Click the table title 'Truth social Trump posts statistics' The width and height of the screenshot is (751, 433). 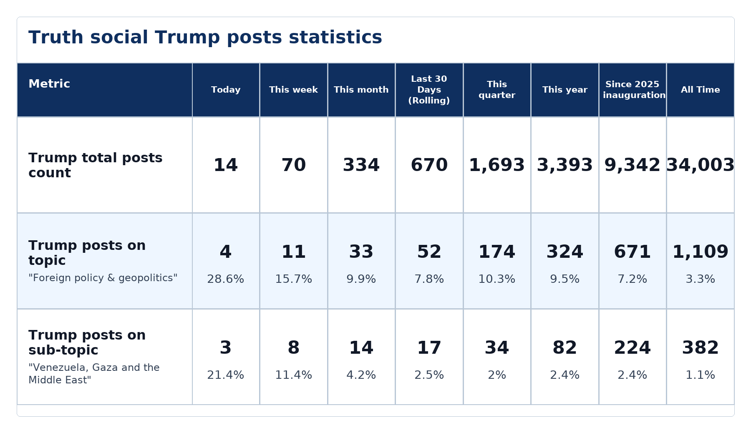205,38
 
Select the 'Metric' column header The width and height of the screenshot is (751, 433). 49,84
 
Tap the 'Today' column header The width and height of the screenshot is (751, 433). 226,90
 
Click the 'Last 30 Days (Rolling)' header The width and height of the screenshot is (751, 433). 429,90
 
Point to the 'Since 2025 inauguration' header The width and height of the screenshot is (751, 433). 633,90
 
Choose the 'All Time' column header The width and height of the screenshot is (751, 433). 701,90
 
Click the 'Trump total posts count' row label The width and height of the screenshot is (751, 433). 96,165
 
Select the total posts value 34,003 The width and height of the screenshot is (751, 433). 701,165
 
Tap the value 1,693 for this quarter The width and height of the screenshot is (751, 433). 497,165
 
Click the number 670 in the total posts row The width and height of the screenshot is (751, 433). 429,165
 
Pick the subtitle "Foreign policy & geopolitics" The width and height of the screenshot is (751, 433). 103,278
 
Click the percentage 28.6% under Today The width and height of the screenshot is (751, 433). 226,279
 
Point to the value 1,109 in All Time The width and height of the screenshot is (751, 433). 701,252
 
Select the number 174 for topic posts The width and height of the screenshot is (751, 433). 497,252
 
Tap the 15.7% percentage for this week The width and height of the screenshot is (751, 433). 294,279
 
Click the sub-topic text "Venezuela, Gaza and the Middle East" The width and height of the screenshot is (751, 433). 94,374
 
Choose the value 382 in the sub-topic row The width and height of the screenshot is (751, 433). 701,348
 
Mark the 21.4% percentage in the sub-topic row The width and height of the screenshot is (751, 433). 226,375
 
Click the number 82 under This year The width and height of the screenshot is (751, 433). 565,348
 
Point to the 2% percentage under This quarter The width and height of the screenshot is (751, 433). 497,375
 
